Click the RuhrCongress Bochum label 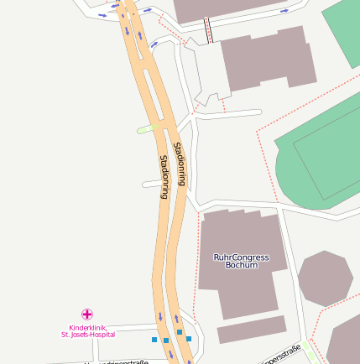241,260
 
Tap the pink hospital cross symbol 87,314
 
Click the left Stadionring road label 164,176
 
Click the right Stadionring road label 180,164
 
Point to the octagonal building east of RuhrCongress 326,278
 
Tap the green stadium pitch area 323,159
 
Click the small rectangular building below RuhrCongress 252,330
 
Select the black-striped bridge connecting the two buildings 207,31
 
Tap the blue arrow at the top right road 284,11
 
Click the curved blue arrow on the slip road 154,43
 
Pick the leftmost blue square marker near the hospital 154,340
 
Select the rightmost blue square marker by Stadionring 189,338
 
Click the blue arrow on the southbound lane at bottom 159,317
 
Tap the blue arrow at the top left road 102,14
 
